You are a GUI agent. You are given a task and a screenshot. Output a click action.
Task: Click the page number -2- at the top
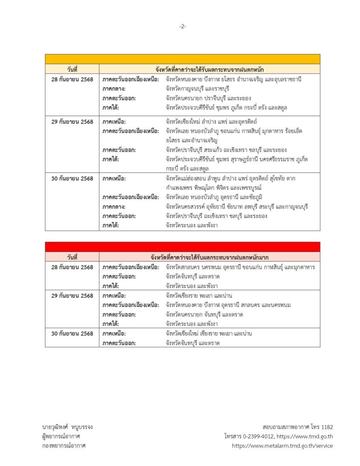coord(183,27)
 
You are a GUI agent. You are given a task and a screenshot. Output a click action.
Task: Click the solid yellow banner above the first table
coord(183,59)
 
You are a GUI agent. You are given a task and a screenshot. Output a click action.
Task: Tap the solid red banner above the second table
coord(183,247)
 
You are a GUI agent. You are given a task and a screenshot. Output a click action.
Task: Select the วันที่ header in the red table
coord(72,257)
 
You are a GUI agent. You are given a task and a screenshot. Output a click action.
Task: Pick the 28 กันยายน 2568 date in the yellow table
coord(72,79)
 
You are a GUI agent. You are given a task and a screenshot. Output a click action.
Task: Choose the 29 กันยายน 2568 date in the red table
coord(72,295)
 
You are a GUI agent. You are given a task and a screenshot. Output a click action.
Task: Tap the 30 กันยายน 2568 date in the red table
coord(72,334)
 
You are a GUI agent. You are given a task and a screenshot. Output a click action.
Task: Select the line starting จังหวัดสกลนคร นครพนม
coord(240,267)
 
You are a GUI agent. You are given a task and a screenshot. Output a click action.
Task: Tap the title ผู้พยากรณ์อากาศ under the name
coord(61,436)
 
